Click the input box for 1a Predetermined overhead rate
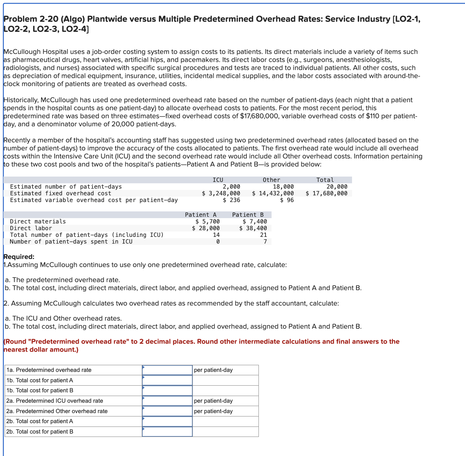click(167, 370)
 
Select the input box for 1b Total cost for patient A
click(167, 380)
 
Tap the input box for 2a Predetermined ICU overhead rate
click(167, 401)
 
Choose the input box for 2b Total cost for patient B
click(167, 432)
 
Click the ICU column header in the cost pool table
click(218, 180)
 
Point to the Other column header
click(271, 180)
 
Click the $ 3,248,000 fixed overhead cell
click(221, 193)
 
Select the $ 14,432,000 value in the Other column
click(273, 193)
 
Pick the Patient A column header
click(200, 215)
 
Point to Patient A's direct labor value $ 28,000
click(206, 228)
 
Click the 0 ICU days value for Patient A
click(218, 242)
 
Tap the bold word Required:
click(19, 257)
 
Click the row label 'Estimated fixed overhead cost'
click(61, 193)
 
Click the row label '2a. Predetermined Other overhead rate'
click(57, 411)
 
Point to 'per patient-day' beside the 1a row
click(213, 370)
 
